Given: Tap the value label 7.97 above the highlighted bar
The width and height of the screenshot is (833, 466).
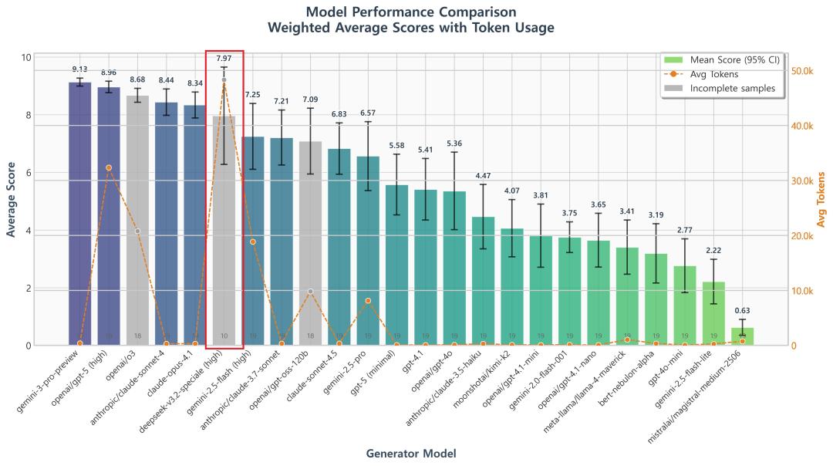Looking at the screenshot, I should coord(224,59).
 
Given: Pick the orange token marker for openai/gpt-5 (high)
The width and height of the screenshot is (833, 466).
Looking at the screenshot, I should coord(109,167).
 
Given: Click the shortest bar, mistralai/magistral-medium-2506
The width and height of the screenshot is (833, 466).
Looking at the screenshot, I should coord(742,336).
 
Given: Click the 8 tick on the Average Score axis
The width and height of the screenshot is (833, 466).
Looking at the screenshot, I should coord(26,116).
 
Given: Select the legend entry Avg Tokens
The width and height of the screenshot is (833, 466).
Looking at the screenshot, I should coord(713,74).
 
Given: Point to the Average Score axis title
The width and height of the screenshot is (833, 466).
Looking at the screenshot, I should coord(11,201).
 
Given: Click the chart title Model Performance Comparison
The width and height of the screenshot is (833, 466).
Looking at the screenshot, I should coord(410,12).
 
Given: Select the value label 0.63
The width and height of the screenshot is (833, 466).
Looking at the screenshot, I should coord(742,311).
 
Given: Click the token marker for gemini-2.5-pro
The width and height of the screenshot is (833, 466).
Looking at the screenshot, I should coord(368,301).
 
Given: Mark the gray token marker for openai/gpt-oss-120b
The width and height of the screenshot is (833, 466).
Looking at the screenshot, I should coord(310,292).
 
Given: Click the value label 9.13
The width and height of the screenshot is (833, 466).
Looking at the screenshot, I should coord(79,69).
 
